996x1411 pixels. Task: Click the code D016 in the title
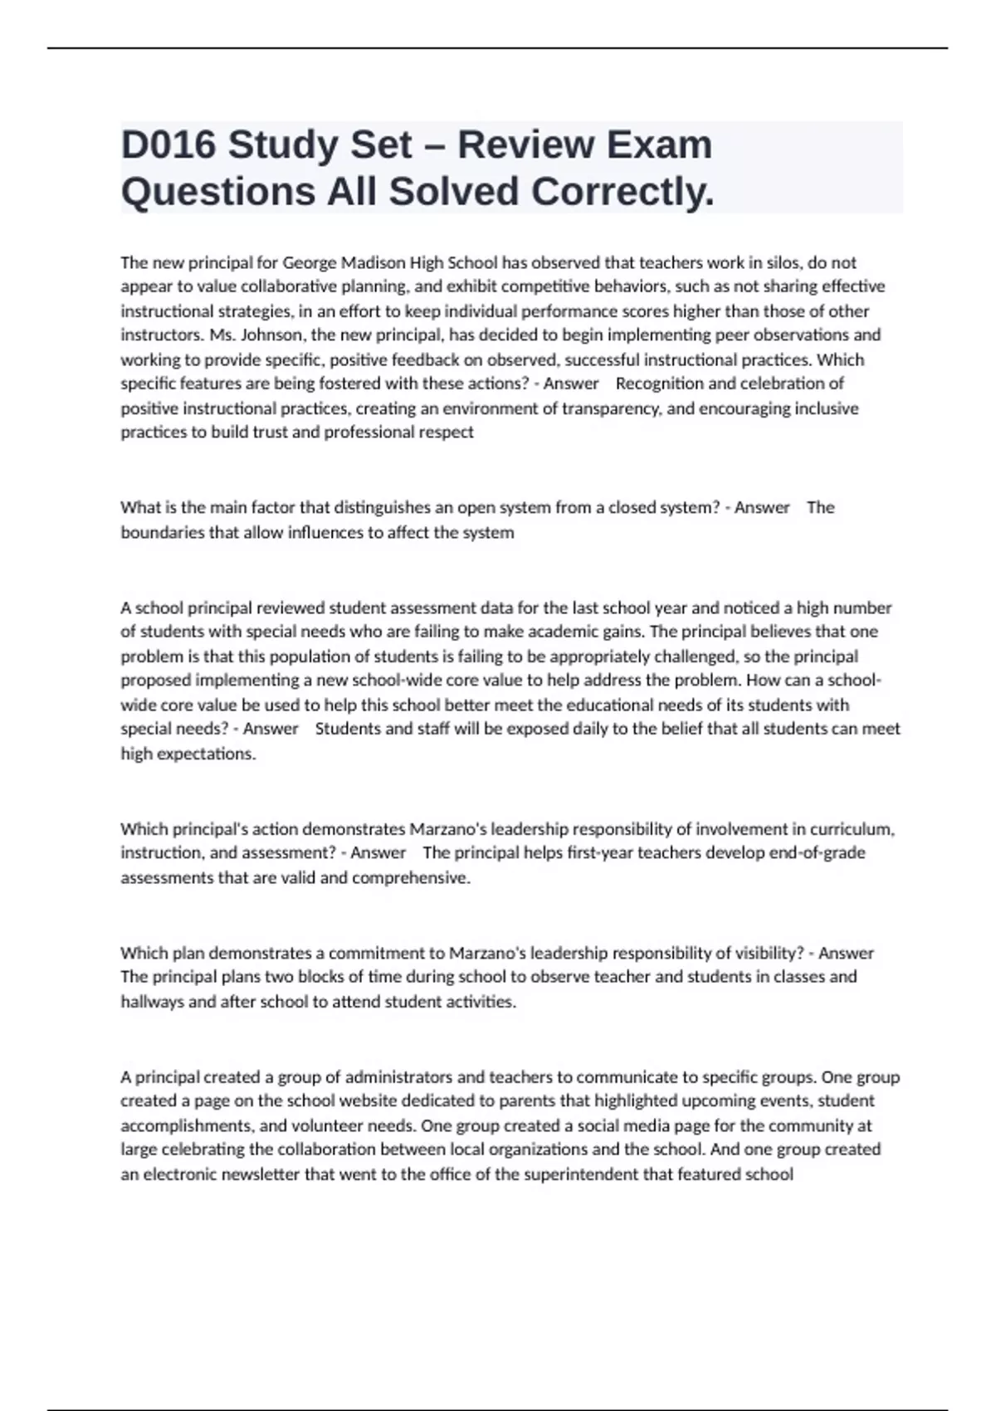click(x=168, y=144)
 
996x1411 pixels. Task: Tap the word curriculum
click(x=852, y=828)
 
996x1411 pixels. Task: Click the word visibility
click(x=766, y=953)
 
